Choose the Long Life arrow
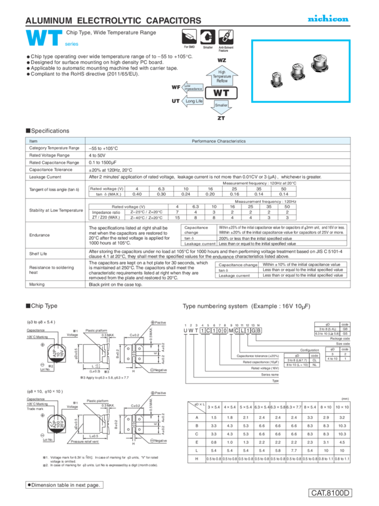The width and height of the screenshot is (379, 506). click(x=191, y=101)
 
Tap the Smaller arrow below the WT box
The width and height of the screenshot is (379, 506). click(x=222, y=107)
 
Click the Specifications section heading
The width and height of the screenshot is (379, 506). click(x=48, y=131)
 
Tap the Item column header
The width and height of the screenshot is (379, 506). click(x=34, y=141)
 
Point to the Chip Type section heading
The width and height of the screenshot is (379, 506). click(x=41, y=305)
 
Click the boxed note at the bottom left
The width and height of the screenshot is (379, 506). click(x=64, y=485)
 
